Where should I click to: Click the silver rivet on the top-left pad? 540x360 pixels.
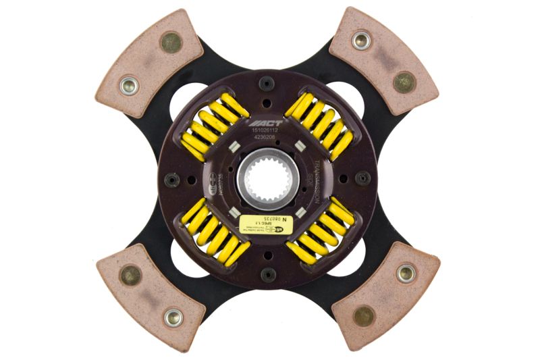click(128, 85)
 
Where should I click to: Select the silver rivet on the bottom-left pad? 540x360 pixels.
click(173, 315)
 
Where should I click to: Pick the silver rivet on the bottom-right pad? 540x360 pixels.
click(406, 273)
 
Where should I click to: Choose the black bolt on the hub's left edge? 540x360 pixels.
click(172, 180)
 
